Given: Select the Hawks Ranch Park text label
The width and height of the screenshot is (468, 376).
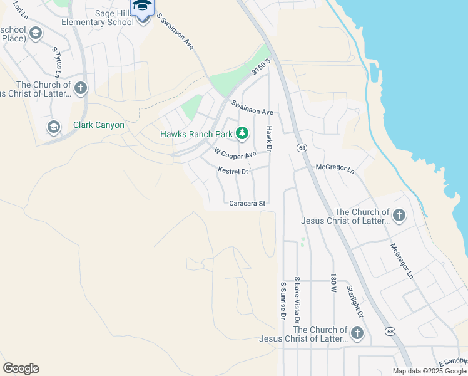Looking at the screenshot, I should [x=196, y=134].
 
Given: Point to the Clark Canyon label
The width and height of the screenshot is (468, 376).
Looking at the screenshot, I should [x=98, y=125].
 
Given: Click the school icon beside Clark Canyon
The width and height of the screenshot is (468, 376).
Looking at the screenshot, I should [x=54, y=127].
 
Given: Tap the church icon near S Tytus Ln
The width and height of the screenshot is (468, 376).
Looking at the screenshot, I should [x=81, y=88].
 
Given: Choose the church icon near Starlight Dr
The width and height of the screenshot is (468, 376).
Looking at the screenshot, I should [x=357, y=333].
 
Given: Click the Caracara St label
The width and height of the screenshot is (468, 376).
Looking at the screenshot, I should [x=248, y=204].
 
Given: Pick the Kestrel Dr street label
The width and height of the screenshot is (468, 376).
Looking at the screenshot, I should [x=233, y=170].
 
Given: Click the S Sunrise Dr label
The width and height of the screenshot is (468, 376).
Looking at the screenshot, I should [x=283, y=301].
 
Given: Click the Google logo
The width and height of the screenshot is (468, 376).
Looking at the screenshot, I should [x=21, y=368].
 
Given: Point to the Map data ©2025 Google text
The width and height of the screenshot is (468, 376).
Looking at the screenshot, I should [x=429, y=371].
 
